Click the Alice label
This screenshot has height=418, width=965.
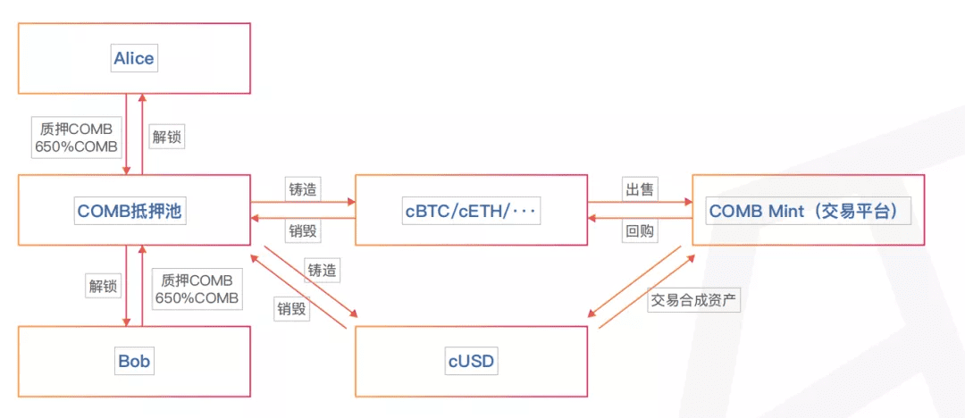point(133,58)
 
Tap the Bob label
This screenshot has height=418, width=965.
point(134,362)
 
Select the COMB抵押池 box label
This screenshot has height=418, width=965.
point(131,211)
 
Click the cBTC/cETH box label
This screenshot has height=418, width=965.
point(471,211)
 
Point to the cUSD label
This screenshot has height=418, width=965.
point(471,362)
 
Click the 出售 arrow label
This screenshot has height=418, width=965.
point(640,189)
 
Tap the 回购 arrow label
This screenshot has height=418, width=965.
point(640,230)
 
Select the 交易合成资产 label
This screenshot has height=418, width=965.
point(693,300)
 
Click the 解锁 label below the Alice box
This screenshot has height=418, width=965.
point(167,137)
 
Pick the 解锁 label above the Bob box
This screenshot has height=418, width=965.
point(103,286)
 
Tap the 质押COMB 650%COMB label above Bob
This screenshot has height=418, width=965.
point(197,289)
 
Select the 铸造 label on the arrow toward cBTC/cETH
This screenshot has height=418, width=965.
point(303,189)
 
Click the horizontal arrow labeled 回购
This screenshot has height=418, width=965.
point(640,218)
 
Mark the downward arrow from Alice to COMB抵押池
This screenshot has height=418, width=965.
point(126,134)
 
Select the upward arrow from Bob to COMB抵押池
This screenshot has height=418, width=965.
point(142,285)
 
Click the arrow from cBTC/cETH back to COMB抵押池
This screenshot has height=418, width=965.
point(303,218)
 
